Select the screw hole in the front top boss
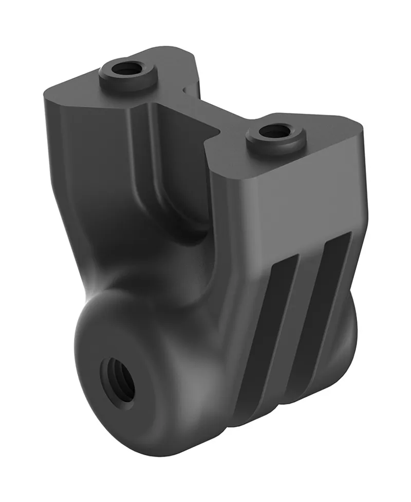274,132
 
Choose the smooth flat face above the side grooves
288,205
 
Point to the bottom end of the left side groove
247,410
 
